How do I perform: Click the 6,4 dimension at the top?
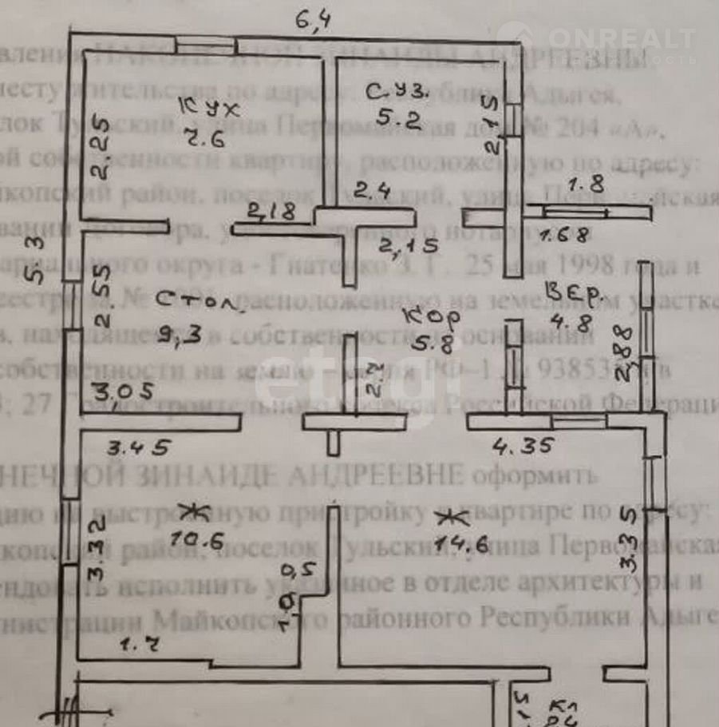tap(314, 19)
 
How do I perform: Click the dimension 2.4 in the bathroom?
tap(372, 192)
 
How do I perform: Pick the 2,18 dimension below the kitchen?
tap(271, 213)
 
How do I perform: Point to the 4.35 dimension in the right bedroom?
tap(523, 446)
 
